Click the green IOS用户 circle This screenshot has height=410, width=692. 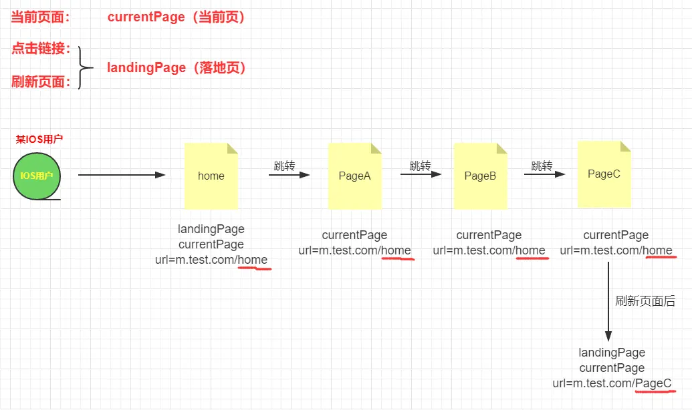coord(37,176)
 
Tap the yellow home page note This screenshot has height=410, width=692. coord(211,176)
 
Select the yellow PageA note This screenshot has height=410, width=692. coord(354,176)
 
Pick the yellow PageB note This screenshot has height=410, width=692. coord(480,176)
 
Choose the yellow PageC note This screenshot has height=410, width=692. coord(604,174)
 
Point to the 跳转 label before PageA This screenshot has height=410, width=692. coord(284,166)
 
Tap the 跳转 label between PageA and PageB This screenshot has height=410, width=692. coord(420,166)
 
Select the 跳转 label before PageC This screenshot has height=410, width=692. coord(542,166)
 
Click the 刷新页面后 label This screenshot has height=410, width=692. coord(645,300)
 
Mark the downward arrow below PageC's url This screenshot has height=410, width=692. coord(608,300)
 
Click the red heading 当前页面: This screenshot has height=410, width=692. coord(41,18)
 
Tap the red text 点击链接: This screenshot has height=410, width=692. coord(41,48)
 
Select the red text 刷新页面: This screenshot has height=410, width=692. coord(41,82)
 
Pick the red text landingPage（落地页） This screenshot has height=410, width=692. coord(177,67)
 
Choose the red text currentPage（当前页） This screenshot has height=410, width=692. coord(177,18)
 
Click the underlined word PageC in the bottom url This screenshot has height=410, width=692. coord(653,383)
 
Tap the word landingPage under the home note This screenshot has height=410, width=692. coord(211,229)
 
